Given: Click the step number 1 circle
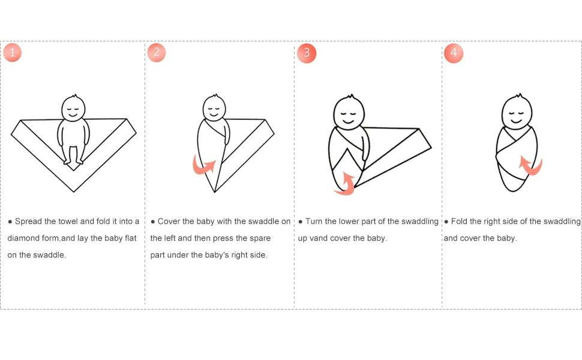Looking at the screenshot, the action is (12, 52).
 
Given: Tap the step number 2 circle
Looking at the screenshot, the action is (156, 52).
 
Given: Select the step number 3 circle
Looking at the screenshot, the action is (307, 53).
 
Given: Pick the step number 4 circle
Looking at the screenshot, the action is (454, 53).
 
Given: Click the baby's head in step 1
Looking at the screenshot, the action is (73, 107).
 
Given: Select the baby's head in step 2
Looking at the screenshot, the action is (214, 107).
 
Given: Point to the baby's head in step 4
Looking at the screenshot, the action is (517, 110).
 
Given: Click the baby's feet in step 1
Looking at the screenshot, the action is (73, 161).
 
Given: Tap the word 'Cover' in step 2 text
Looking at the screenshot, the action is (167, 221).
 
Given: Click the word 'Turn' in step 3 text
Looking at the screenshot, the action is (314, 221).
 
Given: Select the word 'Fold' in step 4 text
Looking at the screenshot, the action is (459, 221).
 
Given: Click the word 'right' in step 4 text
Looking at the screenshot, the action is (500, 221).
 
